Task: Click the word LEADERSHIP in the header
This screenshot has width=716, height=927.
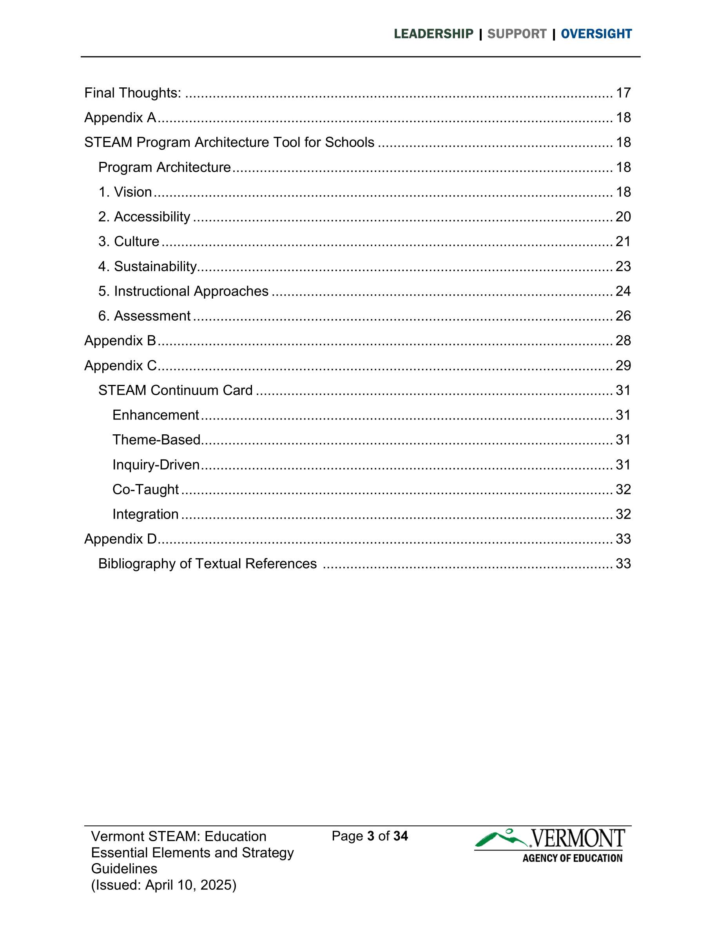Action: pyautogui.click(x=433, y=34)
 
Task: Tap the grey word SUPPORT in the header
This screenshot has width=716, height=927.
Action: pyautogui.click(x=517, y=34)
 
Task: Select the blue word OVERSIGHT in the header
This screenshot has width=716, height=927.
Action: pyautogui.click(x=596, y=34)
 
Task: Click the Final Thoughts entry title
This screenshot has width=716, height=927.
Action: pyautogui.click(x=133, y=93)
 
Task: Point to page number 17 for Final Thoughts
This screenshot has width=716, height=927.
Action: pyautogui.click(x=623, y=93)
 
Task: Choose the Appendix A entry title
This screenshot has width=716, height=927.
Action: pyautogui.click(x=120, y=118)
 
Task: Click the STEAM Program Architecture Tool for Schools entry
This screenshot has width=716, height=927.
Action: pyautogui.click(x=229, y=142)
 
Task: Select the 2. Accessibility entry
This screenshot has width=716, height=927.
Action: pyautogui.click(x=144, y=217)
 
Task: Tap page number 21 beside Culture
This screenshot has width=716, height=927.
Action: pyautogui.click(x=623, y=241)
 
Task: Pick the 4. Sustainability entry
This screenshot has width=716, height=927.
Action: pyautogui.click(x=148, y=267)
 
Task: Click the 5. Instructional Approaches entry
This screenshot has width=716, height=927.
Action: pyautogui.click(x=183, y=291)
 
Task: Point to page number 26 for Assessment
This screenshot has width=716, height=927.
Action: pyautogui.click(x=623, y=316)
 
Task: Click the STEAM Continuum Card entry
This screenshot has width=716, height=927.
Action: pyautogui.click(x=175, y=390)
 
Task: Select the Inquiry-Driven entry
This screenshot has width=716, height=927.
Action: pyautogui.click(x=156, y=465)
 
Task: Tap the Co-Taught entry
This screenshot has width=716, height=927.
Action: pyautogui.click(x=145, y=490)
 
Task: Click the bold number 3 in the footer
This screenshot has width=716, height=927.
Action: pyautogui.click(x=370, y=836)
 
